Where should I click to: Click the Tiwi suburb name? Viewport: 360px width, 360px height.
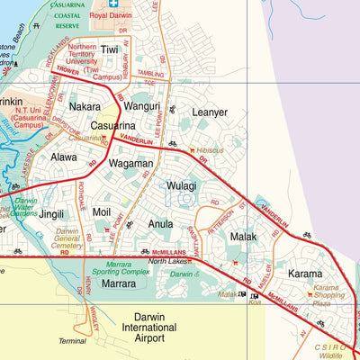(x=109, y=50)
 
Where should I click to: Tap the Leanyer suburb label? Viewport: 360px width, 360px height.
(x=210, y=112)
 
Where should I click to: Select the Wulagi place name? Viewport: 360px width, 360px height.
(x=181, y=186)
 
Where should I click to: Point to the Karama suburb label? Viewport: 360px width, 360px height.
(x=304, y=273)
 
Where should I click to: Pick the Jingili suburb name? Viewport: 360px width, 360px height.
(x=50, y=214)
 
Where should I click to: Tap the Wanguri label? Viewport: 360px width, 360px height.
(x=141, y=106)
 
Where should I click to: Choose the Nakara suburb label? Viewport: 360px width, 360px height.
(x=85, y=106)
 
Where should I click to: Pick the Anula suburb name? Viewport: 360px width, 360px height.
(x=160, y=223)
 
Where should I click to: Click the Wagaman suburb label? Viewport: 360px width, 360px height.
(x=130, y=164)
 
